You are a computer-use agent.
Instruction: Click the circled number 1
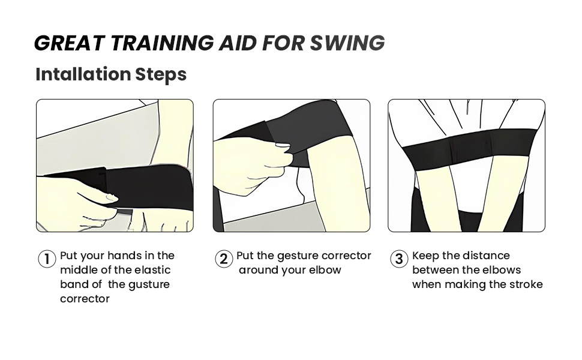pyautogui.click(x=47, y=259)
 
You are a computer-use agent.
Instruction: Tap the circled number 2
pyautogui.click(x=223, y=259)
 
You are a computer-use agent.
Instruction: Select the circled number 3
pyautogui.click(x=399, y=259)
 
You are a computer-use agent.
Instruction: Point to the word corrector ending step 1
pyautogui.click(x=85, y=299)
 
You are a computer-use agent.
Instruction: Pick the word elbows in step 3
pyautogui.click(x=500, y=270)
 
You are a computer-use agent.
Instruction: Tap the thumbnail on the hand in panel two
pyautogui.click(x=280, y=145)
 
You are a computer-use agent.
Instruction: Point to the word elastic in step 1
pyautogui.click(x=152, y=270)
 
